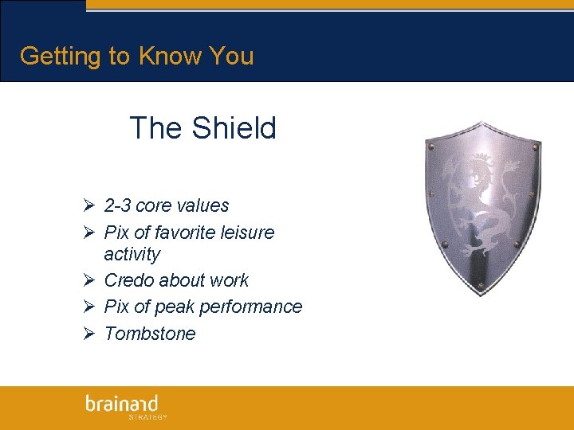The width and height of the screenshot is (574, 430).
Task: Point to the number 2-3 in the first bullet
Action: click(118, 205)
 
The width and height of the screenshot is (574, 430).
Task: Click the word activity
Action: click(132, 254)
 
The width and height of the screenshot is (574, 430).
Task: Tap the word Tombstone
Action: click(150, 334)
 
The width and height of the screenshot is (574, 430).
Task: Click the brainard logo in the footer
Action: click(122, 403)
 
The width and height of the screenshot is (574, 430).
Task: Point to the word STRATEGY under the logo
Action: click(147, 416)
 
